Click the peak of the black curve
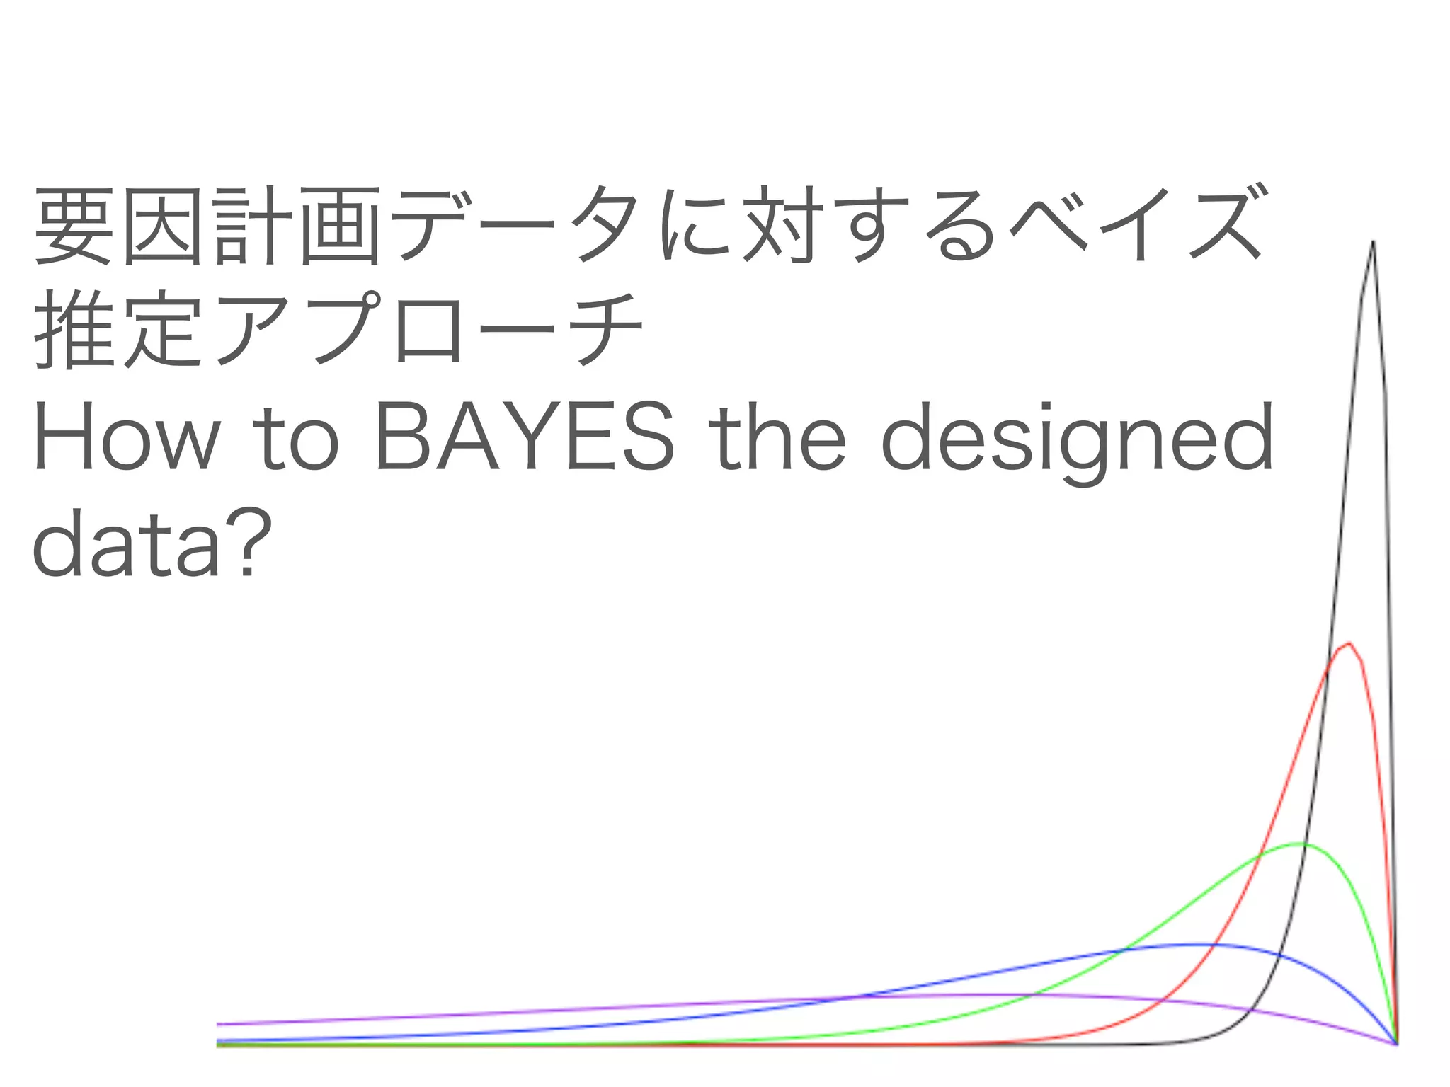pos(1373,242)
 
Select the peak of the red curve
pos(1349,643)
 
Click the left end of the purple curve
pos(218,1023)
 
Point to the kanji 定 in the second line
pos(161,329)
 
